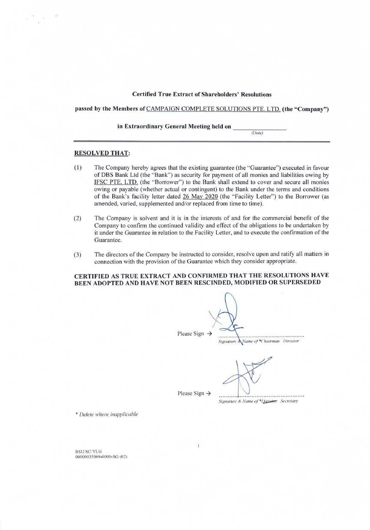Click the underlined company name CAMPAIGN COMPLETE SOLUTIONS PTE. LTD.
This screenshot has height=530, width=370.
213,110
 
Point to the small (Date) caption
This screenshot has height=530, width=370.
257,133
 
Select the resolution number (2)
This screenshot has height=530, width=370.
78,219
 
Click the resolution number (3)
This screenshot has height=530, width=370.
78,255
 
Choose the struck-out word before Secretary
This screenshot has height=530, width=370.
269,401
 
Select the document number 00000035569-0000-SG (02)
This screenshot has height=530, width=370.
101,457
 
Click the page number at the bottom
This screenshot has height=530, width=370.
199,446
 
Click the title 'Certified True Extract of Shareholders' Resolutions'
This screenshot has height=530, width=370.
202,94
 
